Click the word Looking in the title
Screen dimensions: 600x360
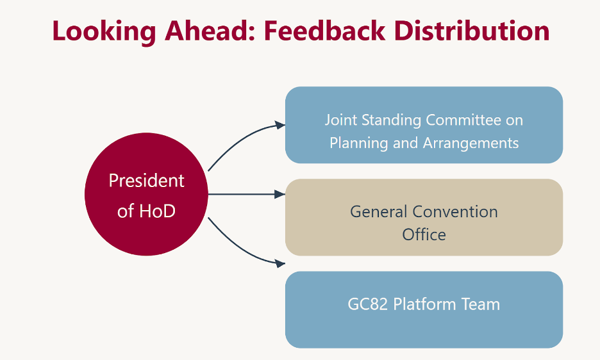pos(104,32)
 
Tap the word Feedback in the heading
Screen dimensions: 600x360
pos(324,31)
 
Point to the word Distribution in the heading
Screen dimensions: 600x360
pos(472,31)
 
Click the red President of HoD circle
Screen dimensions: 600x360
pos(146,194)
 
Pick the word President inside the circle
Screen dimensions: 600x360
pos(147,181)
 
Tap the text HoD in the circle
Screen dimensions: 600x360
pos(157,211)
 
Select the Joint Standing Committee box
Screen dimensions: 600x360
pos(424,125)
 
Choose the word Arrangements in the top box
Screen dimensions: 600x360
pos(471,143)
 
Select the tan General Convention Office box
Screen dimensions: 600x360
pos(424,217)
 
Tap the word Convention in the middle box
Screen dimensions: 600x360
pos(455,212)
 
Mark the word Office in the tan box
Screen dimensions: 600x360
pos(424,235)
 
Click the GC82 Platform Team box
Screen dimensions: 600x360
pos(424,310)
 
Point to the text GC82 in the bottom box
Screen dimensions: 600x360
pos(368,304)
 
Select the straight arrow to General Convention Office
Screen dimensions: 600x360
pos(247,194)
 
